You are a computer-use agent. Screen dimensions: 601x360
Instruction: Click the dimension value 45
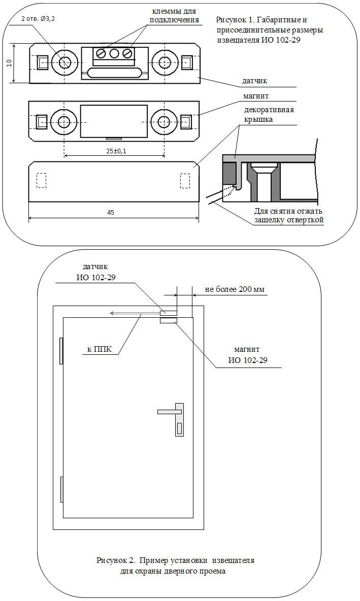tap(110, 213)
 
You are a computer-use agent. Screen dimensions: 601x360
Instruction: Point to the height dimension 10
tap(9, 62)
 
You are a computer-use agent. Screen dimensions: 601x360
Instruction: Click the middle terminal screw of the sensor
tap(114, 53)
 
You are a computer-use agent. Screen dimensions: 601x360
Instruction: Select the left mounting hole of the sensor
tap(64, 62)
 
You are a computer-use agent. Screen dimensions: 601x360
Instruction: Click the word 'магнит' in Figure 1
tap(256, 95)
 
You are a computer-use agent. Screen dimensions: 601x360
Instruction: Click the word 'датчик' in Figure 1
tap(254, 81)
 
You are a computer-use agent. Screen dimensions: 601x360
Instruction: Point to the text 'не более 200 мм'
tap(235, 289)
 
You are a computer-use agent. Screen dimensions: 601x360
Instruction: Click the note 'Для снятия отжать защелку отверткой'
tap(288, 215)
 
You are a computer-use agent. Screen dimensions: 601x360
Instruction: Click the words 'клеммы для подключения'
tap(174, 15)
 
